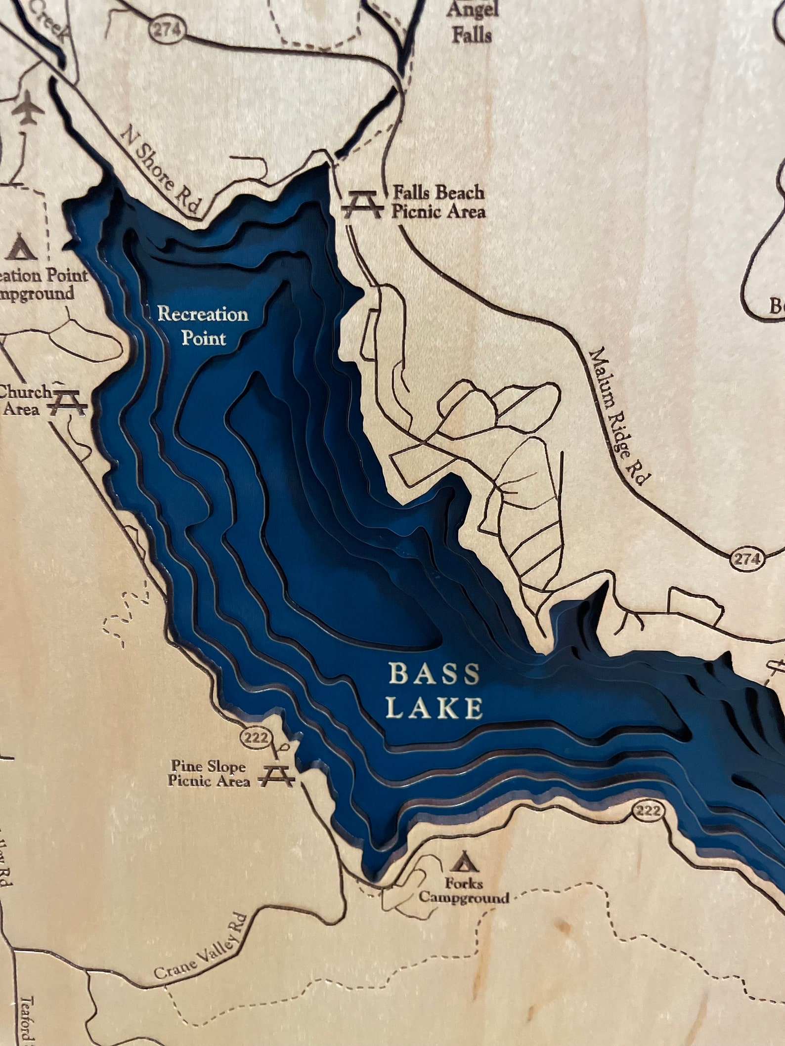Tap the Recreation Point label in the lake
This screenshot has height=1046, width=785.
coord(202,326)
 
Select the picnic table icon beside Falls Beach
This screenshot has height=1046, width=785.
coord(362,204)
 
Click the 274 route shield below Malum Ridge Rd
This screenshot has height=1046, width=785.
coord(746,559)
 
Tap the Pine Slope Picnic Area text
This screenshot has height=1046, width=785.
coord(208,773)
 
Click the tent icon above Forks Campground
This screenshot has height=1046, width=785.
coord(463,861)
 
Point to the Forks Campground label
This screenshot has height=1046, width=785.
coord(463,890)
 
